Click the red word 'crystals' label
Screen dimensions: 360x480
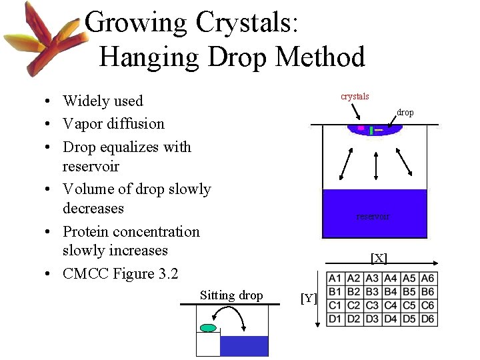coord(355,97)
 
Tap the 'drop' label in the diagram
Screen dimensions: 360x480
coord(405,113)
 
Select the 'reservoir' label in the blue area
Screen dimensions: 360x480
coord(373,217)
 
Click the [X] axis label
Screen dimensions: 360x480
coord(379,258)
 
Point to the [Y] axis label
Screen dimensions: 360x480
coord(308,299)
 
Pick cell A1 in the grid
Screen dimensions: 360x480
coord(335,279)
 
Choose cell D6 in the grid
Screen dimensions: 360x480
coord(427,319)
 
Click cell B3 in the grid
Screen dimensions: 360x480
coord(372,292)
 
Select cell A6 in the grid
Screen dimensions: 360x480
coord(427,279)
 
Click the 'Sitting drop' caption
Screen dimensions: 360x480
coord(231,295)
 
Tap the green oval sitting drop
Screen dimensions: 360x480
coord(209,327)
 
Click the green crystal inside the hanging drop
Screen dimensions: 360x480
coord(371,131)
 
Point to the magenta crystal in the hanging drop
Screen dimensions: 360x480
coord(361,127)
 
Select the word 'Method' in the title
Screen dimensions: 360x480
coord(320,57)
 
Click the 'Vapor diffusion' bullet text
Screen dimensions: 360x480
coord(113,123)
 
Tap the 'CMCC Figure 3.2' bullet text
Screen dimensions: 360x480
coord(121,273)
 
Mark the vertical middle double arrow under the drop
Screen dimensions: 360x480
coord(377,165)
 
